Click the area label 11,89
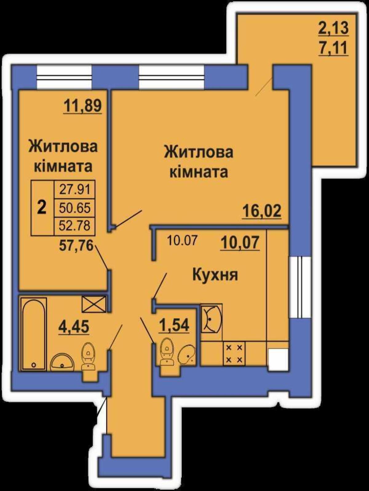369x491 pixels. point(83,106)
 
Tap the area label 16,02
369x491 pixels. point(262,211)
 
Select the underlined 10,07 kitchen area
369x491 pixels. point(240,243)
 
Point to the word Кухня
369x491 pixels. point(215,275)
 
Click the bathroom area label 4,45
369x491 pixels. point(74,327)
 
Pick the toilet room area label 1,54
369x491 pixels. point(174,326)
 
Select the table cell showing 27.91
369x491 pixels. point(75,189)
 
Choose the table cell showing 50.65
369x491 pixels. point(75,208)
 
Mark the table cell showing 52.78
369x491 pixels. point(75,226)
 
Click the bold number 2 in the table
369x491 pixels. point(42,207)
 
